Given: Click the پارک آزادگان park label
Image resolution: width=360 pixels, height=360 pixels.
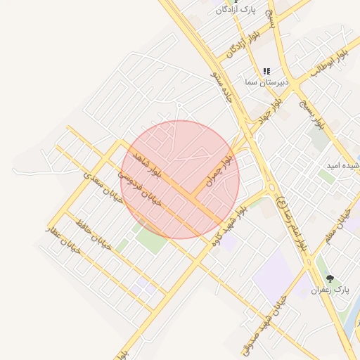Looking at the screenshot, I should pos(235,10).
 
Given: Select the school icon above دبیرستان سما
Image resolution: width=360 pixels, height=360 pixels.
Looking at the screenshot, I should pos(266,71).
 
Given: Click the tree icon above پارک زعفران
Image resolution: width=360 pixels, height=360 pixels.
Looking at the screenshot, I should pos(330,278).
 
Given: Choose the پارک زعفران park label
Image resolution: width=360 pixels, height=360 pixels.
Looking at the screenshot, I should pos(330,290).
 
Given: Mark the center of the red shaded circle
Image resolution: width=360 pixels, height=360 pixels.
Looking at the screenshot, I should pos(180,179).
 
